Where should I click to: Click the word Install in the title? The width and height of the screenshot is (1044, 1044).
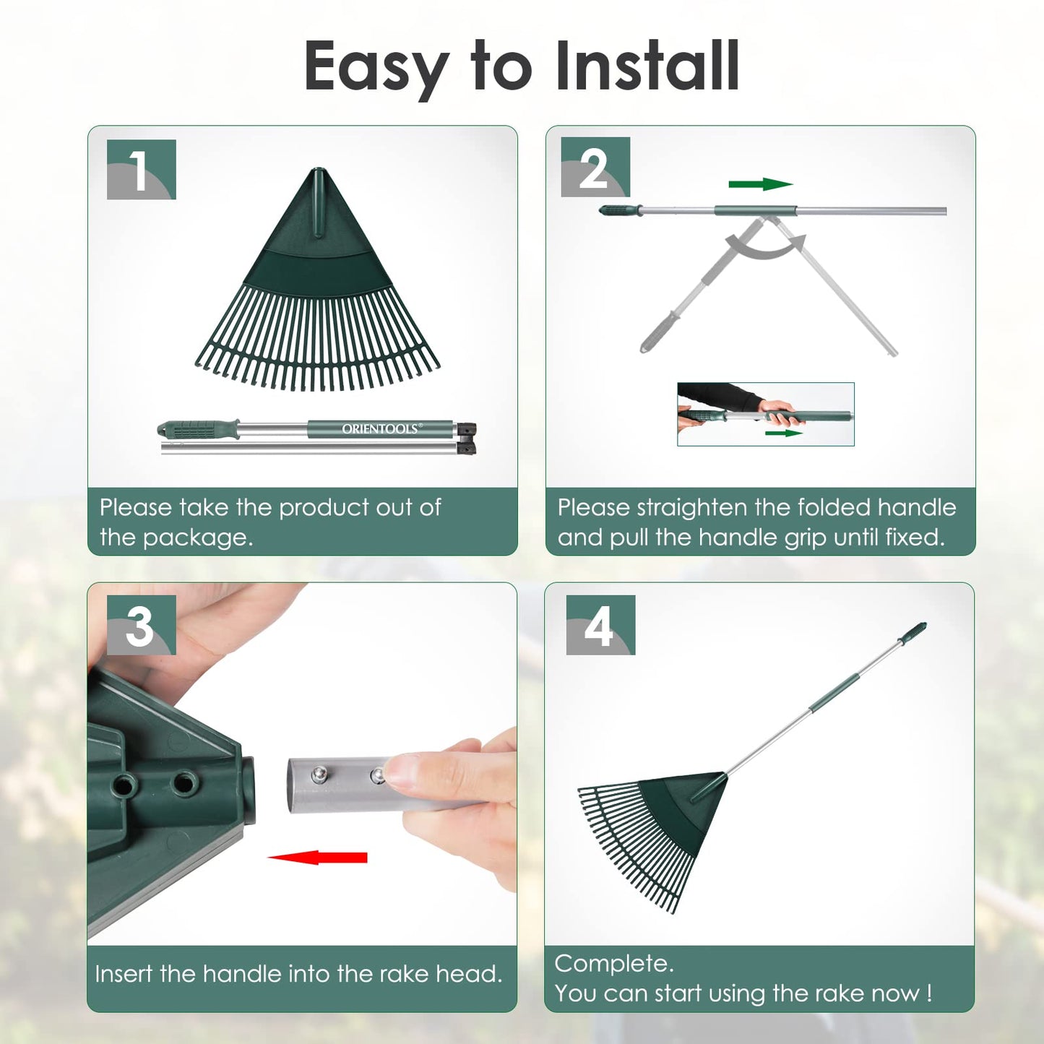pyautogui.click(x=648, y=66)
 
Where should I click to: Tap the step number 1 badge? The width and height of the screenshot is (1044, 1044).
pyautogui.click(x=142, y=170)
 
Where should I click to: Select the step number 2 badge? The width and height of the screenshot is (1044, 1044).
pyautogui.click(x=595, y=167)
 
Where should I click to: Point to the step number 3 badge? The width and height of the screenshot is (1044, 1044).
pyautogui.click(x=142, y=625)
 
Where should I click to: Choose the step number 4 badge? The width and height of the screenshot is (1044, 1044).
pyautogui.click(x=600, y=625)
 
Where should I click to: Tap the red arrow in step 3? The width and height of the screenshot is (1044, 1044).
pyautogui.click(x=317, y=857)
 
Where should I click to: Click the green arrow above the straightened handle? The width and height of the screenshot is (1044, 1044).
pyautogui.click(x=761, y=184)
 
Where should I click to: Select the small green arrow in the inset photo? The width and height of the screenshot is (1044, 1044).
pyautogui.click(x=784, y=433)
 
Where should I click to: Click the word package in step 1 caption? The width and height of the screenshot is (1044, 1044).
pyautogui.click(x=198, y=538)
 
